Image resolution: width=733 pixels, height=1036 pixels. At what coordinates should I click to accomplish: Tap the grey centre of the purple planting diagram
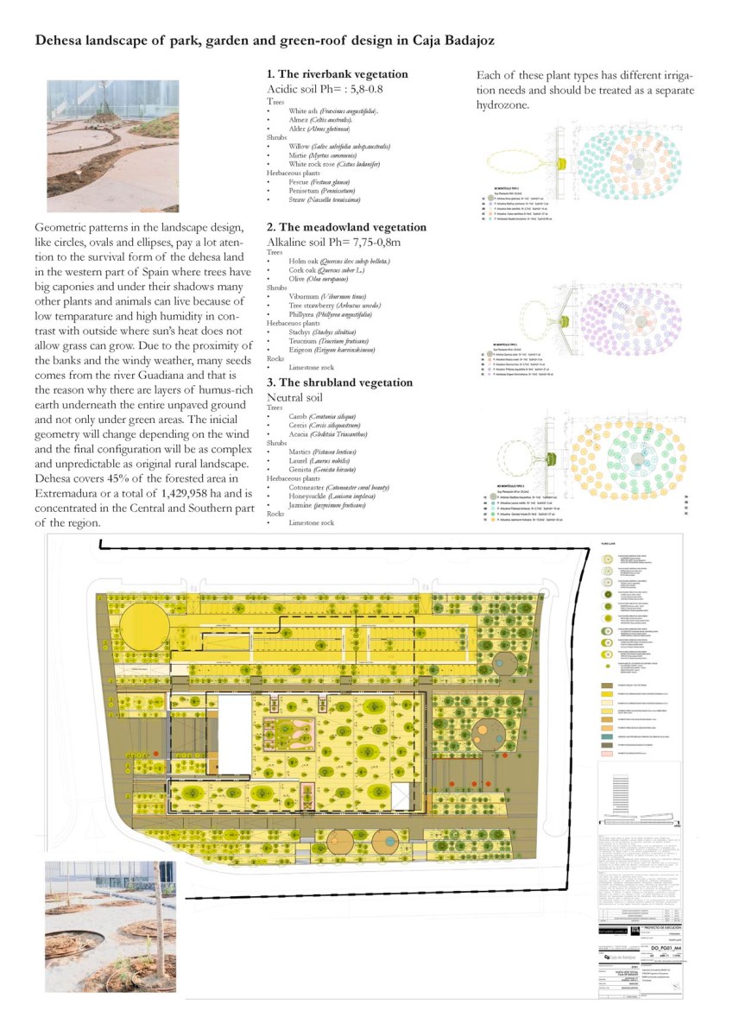640,321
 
